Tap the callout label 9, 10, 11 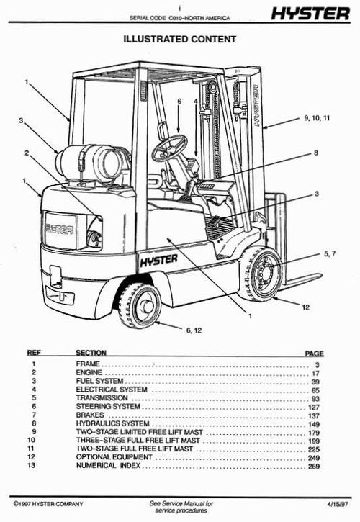(x=317, y=117)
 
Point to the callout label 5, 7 (x=330, y=253)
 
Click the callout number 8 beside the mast (x=315, y=153)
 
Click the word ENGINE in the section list (x=88, y=373)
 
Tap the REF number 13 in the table (x=32, y=465)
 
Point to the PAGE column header (x=315, y=354)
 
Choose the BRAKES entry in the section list (x=89, y=415)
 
